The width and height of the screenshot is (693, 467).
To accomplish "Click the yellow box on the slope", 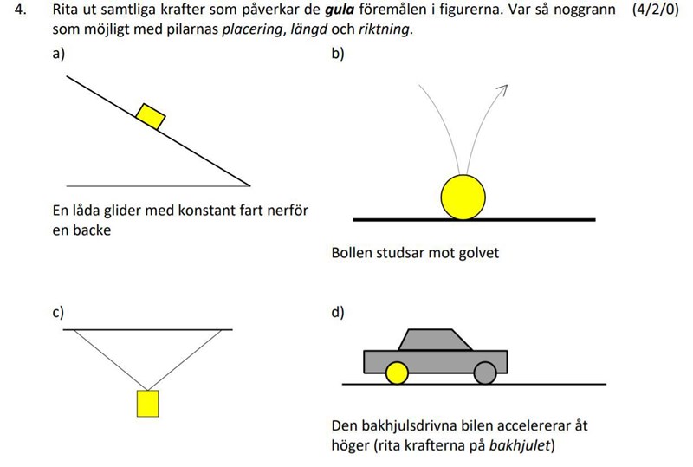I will [x=152, y=116].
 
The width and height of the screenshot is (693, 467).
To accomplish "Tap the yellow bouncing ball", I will [x=463, y=197].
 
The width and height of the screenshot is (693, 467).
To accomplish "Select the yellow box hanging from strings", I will [x=148, y=404].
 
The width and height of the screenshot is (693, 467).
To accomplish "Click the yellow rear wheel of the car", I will [x=396, y=373].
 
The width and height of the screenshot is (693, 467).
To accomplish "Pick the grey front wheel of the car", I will [x=484, y=373].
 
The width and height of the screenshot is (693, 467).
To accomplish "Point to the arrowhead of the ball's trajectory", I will [x=502, y=90].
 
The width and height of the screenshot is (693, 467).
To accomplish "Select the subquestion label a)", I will [x=58, y=53].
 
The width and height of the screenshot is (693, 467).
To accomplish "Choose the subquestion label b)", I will [x=338, y=53].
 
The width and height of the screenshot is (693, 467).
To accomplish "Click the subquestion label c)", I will [x=58, y=313].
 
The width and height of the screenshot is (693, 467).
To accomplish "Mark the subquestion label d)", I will [x=338, y=313].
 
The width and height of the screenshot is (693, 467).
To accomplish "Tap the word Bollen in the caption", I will [x=353, y=254].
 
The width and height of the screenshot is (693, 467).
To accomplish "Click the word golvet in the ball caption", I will [x=478, y=254].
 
